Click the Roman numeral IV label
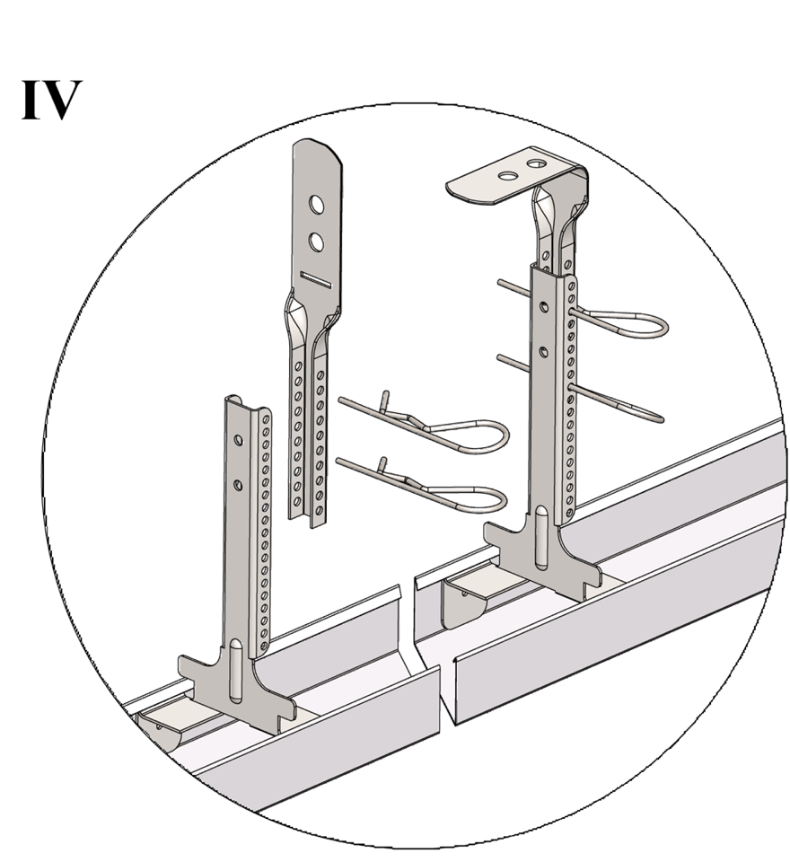pos(52,100)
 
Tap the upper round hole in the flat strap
pos(316,204)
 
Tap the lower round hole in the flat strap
pos(316,242)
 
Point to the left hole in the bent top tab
pos(509,176)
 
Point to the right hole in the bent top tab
pos(536,163)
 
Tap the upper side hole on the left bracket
pos(238,440)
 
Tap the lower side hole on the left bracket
pos(238,485)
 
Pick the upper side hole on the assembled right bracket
pos(544,306)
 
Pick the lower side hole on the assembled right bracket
pos(544,351)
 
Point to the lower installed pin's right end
pos(662,420)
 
